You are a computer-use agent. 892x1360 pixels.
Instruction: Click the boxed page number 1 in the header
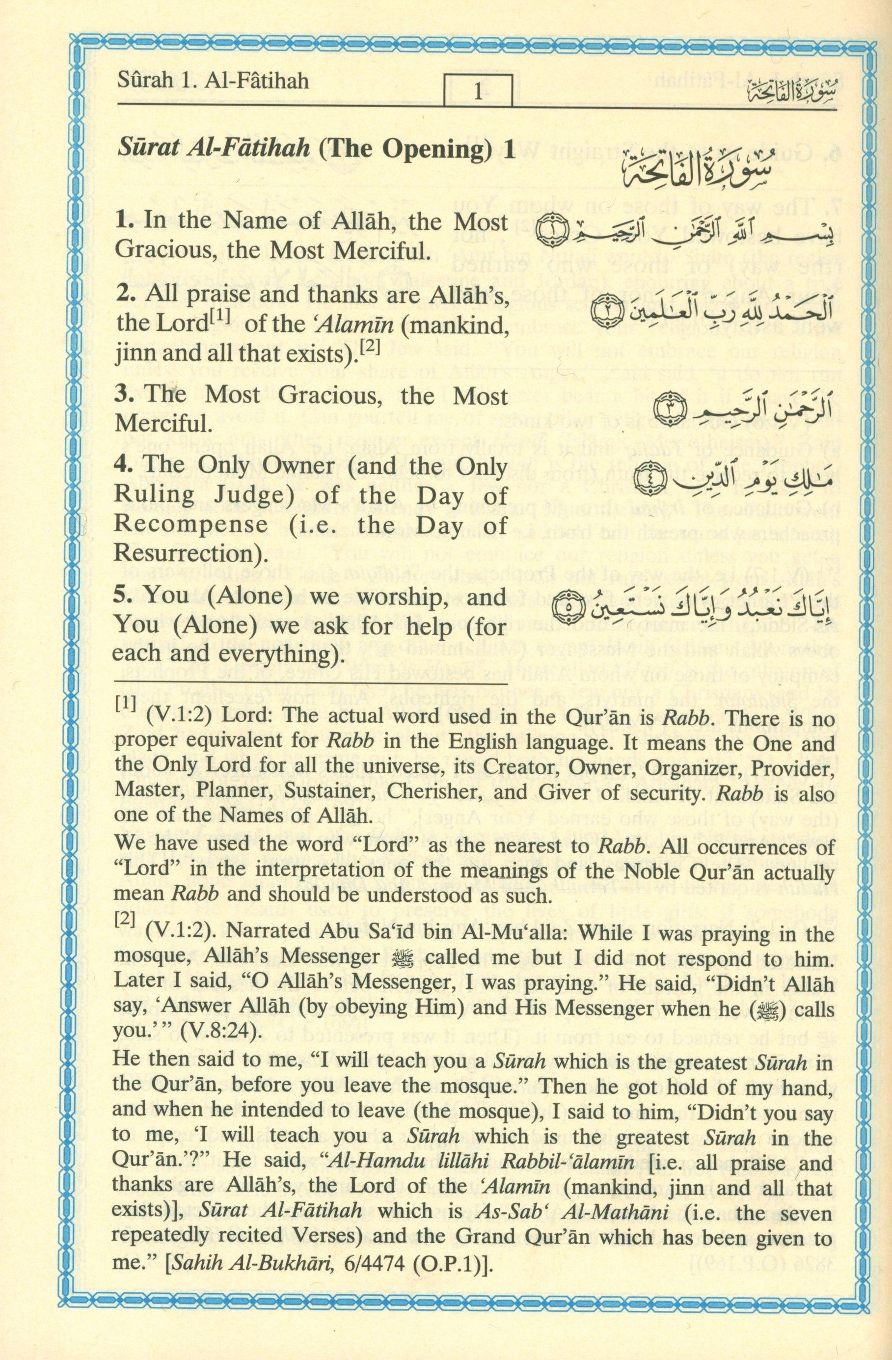[478, 91]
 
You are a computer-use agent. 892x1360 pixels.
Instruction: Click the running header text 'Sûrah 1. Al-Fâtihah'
[213, 81]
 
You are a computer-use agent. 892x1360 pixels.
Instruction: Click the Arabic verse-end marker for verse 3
[665, 409]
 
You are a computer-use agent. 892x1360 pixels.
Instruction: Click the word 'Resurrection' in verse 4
[183, 554]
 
